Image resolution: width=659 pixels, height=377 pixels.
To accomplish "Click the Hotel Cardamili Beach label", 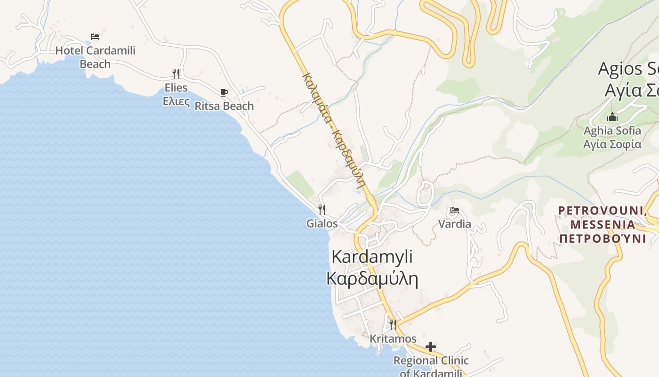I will (x=95, y=57).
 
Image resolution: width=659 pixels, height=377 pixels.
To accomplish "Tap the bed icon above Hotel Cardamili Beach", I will (x=95, y=37).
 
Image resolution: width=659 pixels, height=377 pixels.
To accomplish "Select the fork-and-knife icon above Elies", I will (x=176, y=74).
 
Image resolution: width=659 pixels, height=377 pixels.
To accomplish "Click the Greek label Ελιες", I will (x=176, y=101).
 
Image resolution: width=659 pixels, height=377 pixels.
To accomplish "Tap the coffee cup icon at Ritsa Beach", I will (x=224, y=92).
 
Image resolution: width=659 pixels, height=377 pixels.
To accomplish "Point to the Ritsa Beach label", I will (x=224, y=106).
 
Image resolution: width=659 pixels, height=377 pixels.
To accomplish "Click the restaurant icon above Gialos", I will (x=322, y=209).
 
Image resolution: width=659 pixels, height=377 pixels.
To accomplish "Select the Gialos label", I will (x=322, y=223).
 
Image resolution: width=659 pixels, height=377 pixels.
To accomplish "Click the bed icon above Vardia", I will (x=455, y=210).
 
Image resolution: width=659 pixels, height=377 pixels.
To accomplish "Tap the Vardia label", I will (x=455, y=224).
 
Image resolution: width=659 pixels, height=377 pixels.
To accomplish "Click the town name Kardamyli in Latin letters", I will (x=372, y=257).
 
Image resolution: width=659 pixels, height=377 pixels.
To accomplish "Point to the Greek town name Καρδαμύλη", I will (x=372, y=279).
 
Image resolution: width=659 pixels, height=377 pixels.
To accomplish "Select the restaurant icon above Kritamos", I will (x=393, y=325).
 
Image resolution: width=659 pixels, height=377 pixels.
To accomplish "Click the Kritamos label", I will (x=393, y=339).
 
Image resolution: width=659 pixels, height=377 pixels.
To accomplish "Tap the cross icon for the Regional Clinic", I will (x=430, y=347).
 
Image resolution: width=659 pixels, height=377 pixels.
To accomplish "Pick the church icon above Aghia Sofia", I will (x=612, y=117).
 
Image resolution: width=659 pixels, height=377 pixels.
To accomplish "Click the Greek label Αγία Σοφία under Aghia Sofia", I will (x=612, y=144).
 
